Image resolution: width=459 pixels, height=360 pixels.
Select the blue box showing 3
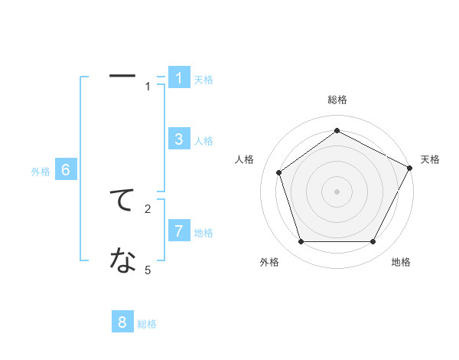(x=179, y=139)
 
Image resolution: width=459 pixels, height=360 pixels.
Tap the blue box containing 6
(x=66, y=170)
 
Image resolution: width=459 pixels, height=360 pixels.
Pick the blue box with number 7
(x=179, y=231)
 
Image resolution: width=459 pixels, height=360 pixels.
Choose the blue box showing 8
(x=122, y=322)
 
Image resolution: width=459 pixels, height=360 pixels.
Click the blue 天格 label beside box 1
(x=203, y=80)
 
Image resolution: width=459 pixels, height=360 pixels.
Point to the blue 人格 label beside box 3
(x=203, y=141)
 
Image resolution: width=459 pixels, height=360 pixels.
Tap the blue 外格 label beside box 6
(x=41, y=172)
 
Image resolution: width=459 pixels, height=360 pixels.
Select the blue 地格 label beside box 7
(x=203, y=233)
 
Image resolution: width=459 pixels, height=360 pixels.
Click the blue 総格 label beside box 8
(x=147, y=325)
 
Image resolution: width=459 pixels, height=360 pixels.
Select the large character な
(x=122, y=261)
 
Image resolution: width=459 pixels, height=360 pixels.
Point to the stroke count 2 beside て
(x=148, y=208)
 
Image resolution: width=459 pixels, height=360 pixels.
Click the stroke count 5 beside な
(x=148, y=270)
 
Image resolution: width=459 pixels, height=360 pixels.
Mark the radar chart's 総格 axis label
(x=337, y=100)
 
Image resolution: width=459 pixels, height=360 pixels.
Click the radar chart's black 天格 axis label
(x=430, y=159)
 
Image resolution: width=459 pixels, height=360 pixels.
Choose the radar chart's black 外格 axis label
(x=269, y=262)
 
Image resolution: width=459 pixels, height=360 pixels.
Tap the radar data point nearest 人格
(x=279, y=172)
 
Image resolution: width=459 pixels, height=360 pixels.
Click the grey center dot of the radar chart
(x=337, y=191)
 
